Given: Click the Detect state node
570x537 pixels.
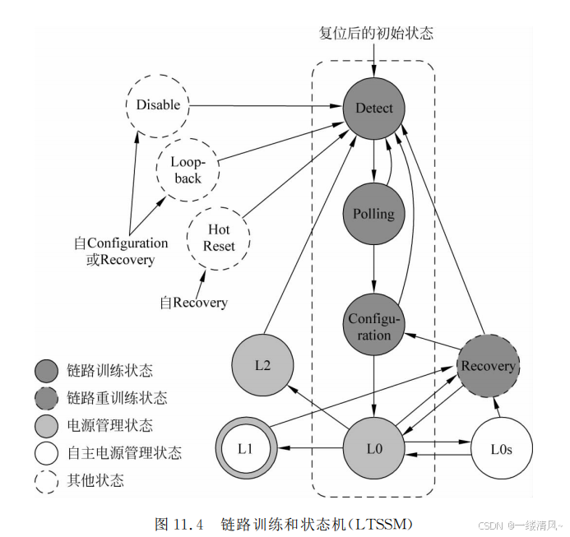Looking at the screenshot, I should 374,108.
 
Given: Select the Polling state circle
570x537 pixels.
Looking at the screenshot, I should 374,214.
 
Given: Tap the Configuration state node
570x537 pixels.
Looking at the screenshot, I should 374,326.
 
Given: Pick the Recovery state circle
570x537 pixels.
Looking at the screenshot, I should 488,365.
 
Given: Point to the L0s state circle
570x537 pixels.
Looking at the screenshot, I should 502,448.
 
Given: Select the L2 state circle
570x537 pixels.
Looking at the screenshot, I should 263,366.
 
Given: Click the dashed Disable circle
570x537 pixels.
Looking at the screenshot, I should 157,105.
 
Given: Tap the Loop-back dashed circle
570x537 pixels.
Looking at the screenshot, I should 187,169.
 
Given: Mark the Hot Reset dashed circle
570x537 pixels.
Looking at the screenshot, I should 219,238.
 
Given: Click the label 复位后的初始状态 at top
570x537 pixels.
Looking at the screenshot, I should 375,34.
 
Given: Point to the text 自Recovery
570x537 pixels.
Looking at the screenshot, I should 192,302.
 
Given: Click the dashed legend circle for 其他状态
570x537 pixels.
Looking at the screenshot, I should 46,479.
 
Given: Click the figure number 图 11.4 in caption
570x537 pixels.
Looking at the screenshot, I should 178,523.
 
